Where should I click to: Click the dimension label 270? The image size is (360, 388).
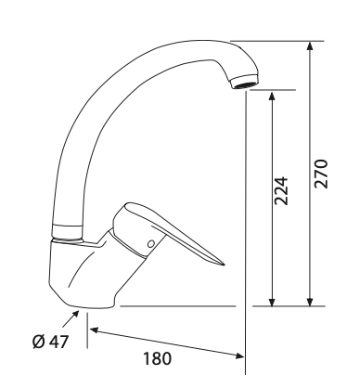320,174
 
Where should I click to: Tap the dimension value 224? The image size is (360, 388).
281,191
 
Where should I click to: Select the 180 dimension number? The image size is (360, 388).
157,359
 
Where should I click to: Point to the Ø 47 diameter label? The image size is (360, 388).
50,342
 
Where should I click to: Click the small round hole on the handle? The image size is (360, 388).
151,244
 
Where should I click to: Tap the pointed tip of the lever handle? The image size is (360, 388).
224,265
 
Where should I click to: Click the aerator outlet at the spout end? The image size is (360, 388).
245,83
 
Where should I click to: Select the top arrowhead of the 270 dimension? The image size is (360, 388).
310,45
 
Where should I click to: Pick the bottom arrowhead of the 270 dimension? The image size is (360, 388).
310,302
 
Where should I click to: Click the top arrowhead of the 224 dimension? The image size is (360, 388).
272,96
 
